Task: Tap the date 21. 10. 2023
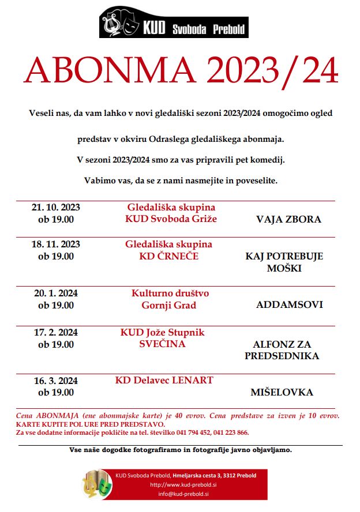click(56, 208)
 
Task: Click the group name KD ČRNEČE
click(168, 256)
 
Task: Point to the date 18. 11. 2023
click(56, 244)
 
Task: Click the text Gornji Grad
click(169, 305)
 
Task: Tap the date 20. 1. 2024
click(56, 293)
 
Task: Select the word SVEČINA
click(162, 344)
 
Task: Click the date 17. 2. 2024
click(56, 333)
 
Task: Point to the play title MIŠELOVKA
click(282, 392)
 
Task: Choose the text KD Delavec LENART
click(164, 380)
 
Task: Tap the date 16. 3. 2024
click(56, 381)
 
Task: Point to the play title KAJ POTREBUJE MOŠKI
click(284, 262)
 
